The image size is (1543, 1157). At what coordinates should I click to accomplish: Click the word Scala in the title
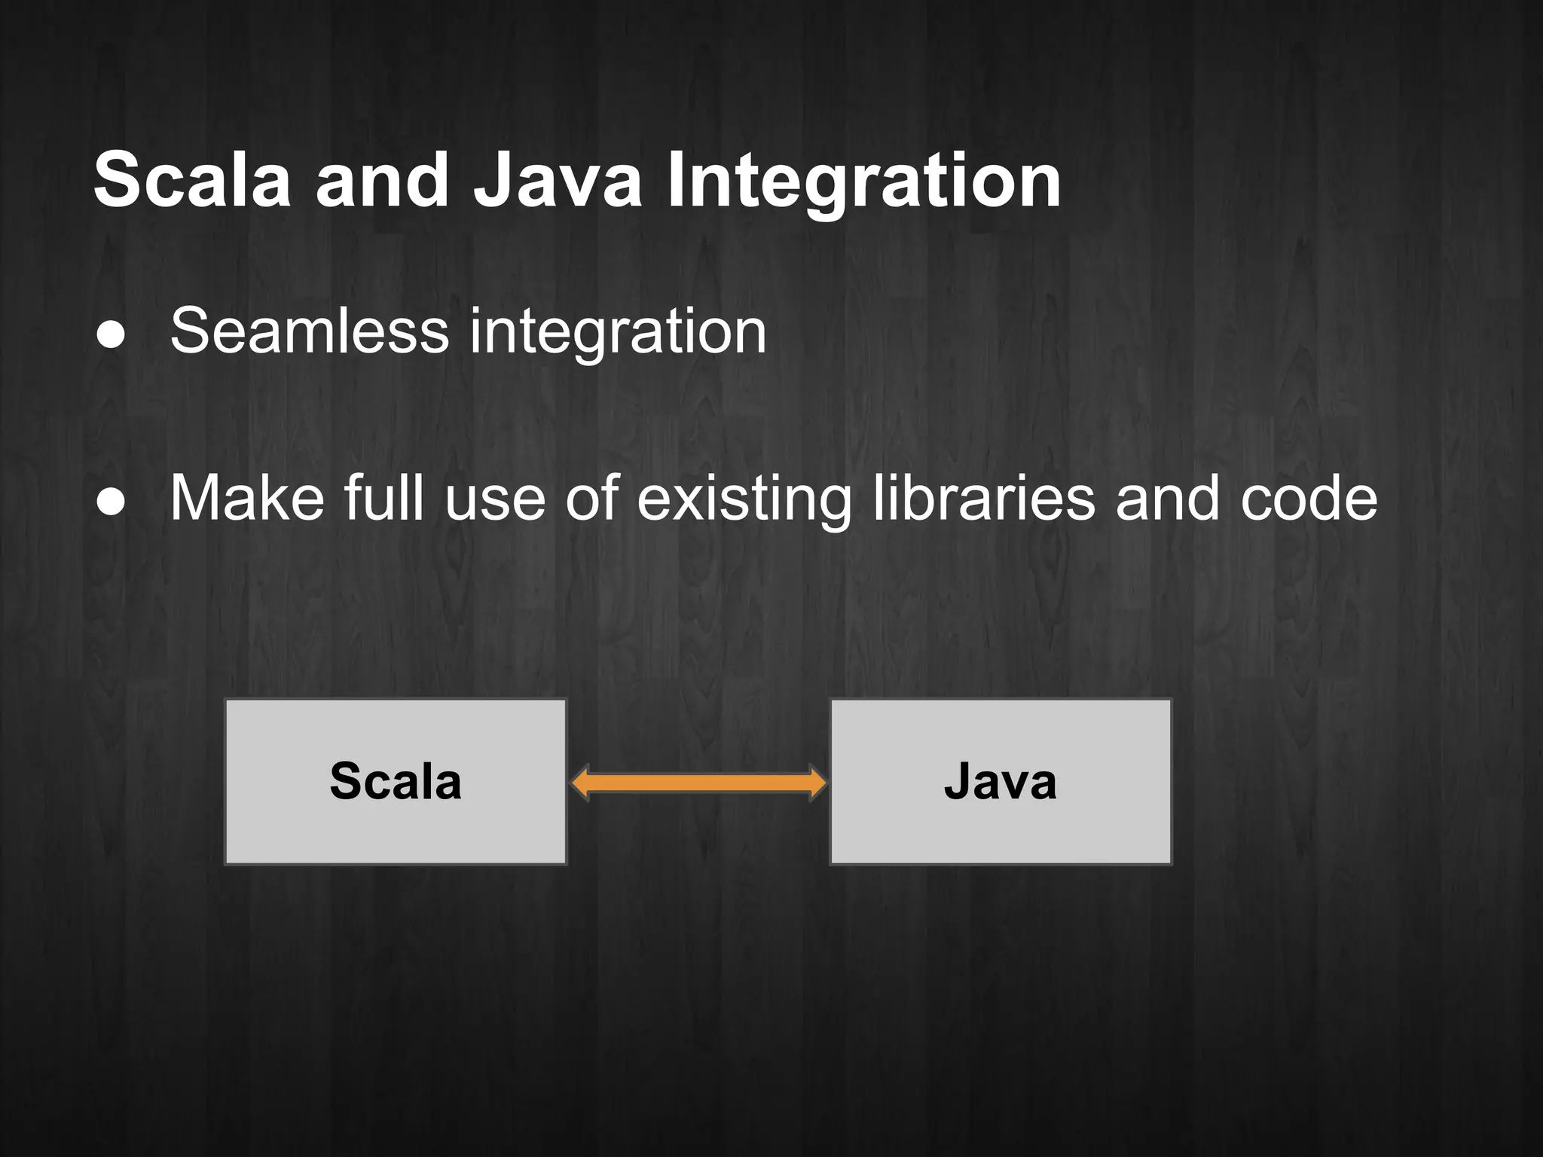coord(192,181)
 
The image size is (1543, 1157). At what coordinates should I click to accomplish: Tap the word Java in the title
coord(558,181)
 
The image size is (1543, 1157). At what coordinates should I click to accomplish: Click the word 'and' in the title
coord(382,181)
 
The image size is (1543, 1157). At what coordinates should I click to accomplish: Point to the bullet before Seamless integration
coord(112,334)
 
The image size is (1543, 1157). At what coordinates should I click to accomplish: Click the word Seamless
coord(310,331)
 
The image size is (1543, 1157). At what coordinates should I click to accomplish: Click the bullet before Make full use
coord(112,501)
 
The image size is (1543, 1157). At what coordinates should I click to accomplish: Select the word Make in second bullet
coord(247,499)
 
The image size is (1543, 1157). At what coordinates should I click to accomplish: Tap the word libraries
coord(984,499)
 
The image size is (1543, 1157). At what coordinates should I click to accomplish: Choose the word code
coord(1309,499)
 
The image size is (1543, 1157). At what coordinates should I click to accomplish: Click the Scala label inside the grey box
coord(396,781)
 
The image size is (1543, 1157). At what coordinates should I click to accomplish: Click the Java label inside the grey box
coord(1001,781)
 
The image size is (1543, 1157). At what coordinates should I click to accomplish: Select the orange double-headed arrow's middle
coord(698,783)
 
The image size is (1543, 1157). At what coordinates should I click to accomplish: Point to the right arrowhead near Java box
coord(817,783)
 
